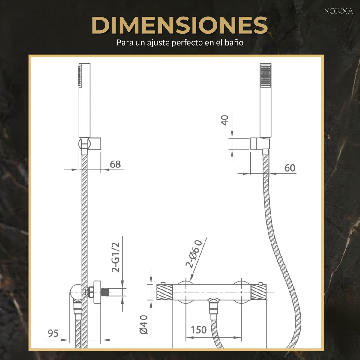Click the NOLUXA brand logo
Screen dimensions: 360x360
(x=339, y=11)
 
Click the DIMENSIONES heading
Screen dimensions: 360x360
(x=180, y=25)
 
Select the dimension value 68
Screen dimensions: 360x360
(x=115, y=164)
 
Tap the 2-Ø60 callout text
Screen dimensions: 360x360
(x=194, y=255)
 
